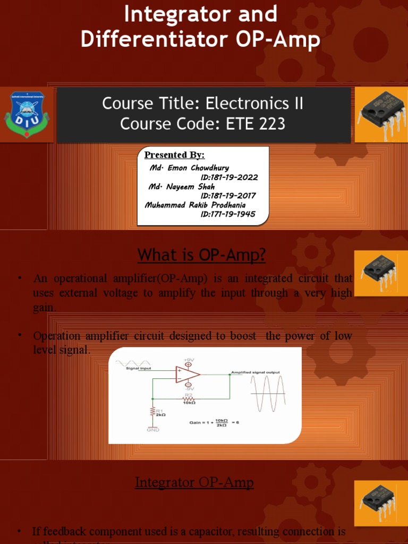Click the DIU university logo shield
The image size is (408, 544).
pos(27,114)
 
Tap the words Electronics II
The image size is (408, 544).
pos(254,103)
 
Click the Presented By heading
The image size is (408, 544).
pos(174,155)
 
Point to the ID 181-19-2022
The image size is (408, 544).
pos(229,177)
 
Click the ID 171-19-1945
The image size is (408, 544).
pos(228,214)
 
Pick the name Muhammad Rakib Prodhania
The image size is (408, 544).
pos(195,205)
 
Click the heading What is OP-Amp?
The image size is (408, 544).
pos(201,255)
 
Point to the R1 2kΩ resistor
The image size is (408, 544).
pos(154,413)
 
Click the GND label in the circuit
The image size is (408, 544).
pos(153,430)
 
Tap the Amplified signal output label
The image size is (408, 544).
pos(255,372)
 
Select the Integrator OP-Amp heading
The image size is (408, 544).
pos(194,482)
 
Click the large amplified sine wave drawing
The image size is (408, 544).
pos(269,394)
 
